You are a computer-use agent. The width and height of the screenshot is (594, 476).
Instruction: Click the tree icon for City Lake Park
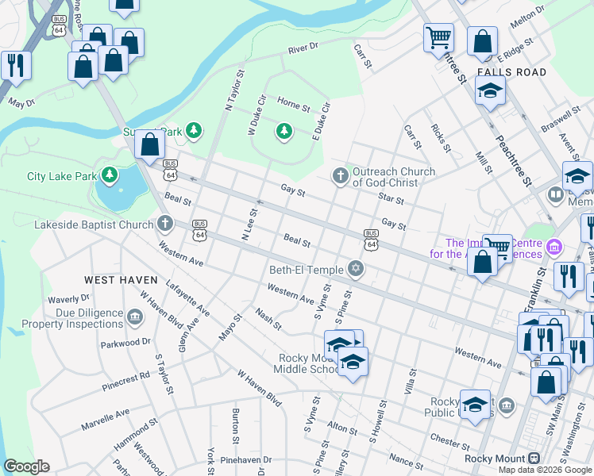tap(110, 175)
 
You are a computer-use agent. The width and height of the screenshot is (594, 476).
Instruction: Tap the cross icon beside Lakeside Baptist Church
tap(165, 225)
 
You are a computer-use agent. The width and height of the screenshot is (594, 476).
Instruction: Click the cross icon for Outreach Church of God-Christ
tap(341, 176)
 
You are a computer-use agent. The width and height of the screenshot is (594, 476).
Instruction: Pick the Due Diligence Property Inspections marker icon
tap(134, 318)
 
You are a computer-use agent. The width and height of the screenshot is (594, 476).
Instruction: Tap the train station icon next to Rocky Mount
tap(534, 459)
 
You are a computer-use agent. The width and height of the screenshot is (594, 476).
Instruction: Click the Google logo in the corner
tap(26, 466)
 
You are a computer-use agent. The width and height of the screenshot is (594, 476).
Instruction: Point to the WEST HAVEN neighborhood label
tap(120, 280)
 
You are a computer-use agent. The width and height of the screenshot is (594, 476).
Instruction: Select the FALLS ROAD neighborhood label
tap(512, 72)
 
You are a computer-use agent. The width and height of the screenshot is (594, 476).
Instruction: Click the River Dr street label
tap(303, 48)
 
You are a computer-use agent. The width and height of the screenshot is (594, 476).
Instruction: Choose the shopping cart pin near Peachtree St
tap(438, 36)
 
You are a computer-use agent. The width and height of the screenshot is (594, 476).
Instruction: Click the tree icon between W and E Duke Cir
tap(283, 130)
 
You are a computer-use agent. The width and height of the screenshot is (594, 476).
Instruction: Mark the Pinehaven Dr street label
tap(246, 459)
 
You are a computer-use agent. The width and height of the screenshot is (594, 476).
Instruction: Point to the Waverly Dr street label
tap(67, 299)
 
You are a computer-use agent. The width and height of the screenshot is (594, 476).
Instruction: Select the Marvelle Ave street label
tap(105, 420)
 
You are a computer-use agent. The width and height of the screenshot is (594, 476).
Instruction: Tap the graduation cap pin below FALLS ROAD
tap(490, 90)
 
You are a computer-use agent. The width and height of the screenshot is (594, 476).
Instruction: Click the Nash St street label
tap(268, 320)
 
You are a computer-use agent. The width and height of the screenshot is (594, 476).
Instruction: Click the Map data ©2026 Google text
tap(545, 470)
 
